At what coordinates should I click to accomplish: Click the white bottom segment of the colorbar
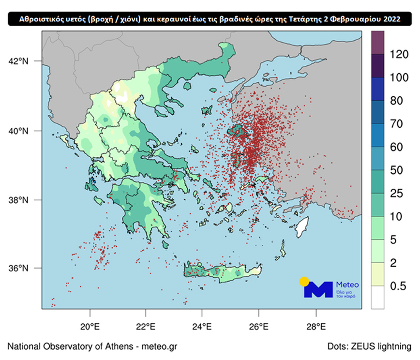pos(377,298)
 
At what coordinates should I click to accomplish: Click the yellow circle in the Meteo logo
pos(304,282)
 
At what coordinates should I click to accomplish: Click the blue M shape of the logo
pos(318,290)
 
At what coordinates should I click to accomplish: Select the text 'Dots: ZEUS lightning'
pos(369,346)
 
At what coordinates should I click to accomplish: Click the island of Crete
pos(223,272)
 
